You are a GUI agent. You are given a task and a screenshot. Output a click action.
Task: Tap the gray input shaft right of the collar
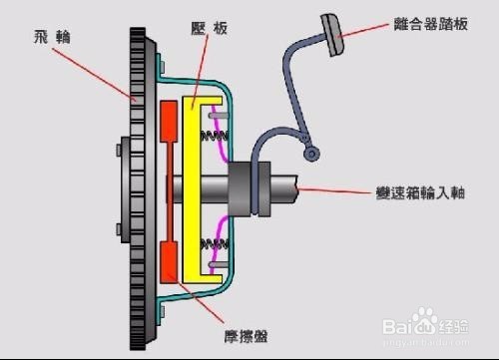pyautogui.click(x=284, y=187)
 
